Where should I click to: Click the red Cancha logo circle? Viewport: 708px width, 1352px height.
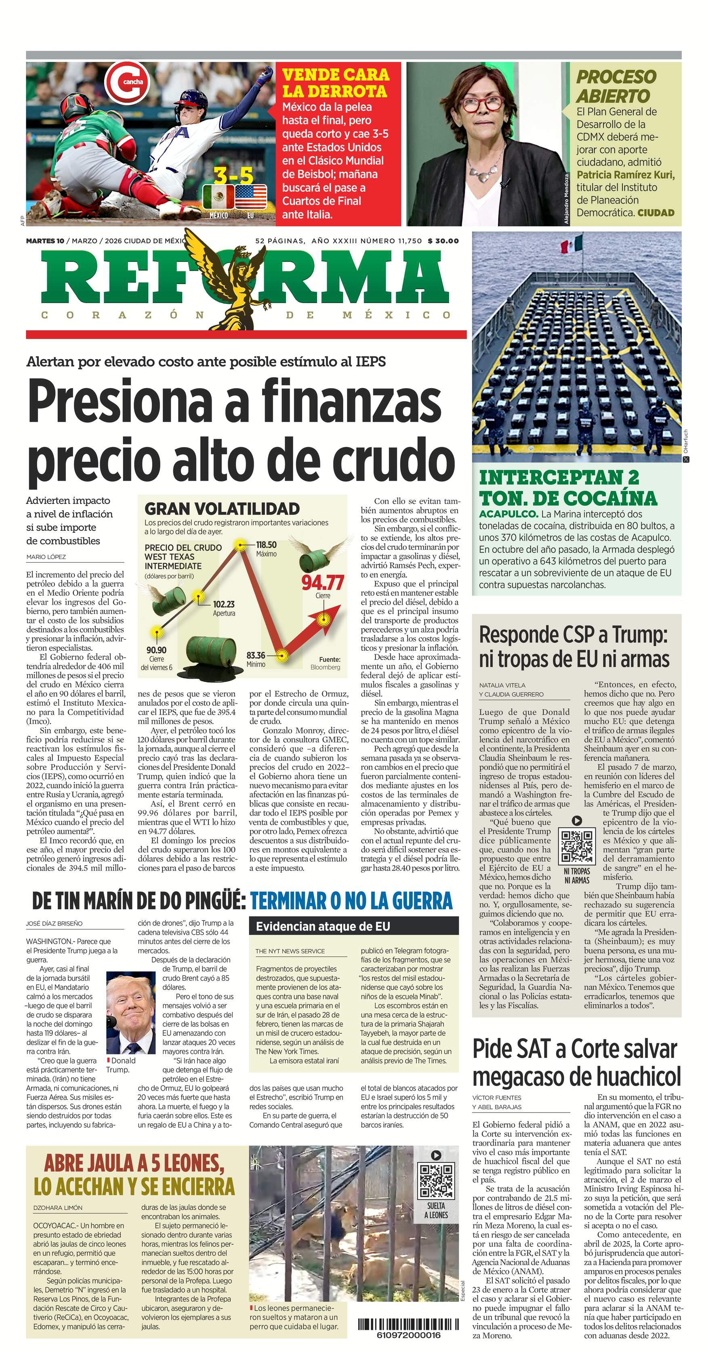tap(126, 81)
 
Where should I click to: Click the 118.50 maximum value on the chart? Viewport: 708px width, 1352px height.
tap(266, 545)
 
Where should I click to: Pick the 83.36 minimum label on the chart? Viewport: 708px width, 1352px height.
tap(256, 656)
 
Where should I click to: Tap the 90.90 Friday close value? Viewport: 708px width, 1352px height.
tap(156, 650)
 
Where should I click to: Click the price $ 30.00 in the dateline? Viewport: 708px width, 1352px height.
tap(443, 241)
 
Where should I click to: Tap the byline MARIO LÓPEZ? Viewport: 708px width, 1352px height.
tap(46, 556)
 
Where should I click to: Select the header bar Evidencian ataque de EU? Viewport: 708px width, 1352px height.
tap(354, 926)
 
